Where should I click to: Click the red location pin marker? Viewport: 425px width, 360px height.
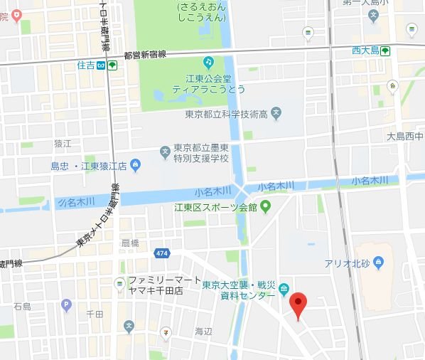(x=298, y=305)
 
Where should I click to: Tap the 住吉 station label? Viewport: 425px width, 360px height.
(x=86, y=65)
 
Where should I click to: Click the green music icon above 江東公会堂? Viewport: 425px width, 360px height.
(x=208, y=63)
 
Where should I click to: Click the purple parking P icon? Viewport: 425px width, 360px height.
(x=67, y=305)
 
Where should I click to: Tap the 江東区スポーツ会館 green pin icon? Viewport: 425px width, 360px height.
(x=266, y=208)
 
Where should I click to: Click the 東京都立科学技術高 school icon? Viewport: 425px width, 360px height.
(x=276, y=112)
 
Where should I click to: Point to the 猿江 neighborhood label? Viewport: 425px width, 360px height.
(x=63, y=143)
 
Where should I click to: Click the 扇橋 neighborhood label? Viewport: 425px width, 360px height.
(x=130, y=243)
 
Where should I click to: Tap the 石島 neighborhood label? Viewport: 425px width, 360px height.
(x=22, y=307)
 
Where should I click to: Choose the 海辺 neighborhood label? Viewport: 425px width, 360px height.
(x=203, y=332)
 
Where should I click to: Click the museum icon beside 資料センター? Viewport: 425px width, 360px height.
(x=284, y=289)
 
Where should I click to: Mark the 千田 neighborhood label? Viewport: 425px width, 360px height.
(x=95, y=313)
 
